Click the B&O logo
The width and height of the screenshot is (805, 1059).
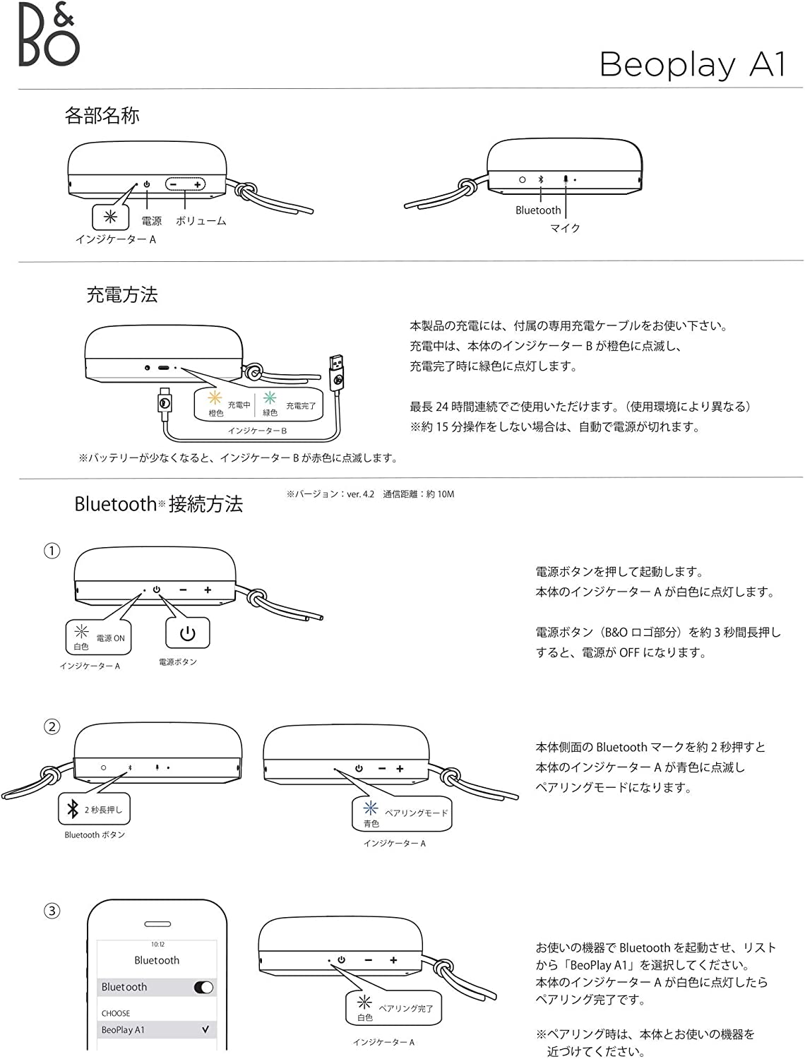pyautogui.click(x=48, y=35)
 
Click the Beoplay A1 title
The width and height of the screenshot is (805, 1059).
pyautogui.click(x=692, y=65)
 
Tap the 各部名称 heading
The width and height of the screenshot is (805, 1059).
pyautogui.click(x=102, y=116)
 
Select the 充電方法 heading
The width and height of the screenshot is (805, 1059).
pyautogui.click(x=121, y=294)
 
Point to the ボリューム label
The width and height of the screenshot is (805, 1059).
pyautogui.click(x=201, y=221)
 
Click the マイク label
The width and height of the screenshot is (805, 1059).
pyautogui.click(x=565, y=228)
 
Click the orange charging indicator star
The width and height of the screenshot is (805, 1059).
pyautogui.click(x=215, y=399)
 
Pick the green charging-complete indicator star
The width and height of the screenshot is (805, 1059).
pyautogui.click(x=270, y=400)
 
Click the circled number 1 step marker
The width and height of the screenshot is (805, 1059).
pyautogui.click(x=52, y=551)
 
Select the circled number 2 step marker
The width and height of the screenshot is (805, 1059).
pyautogui.click(x=52, y=726)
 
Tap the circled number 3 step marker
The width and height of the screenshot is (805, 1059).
pyautogui.click(x=52, y=911)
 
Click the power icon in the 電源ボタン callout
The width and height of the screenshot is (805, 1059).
pyautogui.click(x=187, y=633)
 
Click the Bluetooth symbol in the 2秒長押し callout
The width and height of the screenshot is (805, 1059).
pyautogui.click(x=72, y=809)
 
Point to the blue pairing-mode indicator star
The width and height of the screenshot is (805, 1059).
pyautogui.click(x=370, y=809)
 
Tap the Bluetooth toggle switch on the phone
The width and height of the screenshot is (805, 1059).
pyautogui.click(x=203, y=988)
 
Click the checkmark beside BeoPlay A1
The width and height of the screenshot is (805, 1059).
pyautogui.click(x=205, y=1029)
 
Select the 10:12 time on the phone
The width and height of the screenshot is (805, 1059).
pyautogui.click(x=157, y=944)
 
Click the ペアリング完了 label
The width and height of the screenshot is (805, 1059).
pyautogui.click(x=406, y=1008)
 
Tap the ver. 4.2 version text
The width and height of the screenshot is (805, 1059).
pyautogui.click(x=360, y=494)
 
